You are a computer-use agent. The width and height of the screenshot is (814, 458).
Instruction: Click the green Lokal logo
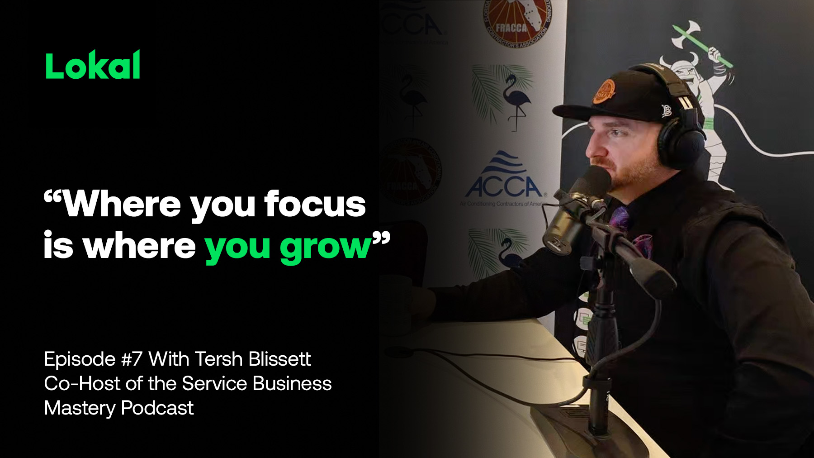[93, 66]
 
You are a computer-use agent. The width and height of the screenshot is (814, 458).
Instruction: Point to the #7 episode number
[132, 359]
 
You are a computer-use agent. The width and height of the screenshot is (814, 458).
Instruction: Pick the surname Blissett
[279, 359]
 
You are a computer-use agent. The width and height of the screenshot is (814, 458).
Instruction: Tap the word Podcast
[157, 408]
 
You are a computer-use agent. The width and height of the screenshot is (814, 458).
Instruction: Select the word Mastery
[80, 408]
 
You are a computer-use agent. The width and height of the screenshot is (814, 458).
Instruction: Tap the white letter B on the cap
[666, 110]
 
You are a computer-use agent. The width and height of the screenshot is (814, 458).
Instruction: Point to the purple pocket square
[642, 245]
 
